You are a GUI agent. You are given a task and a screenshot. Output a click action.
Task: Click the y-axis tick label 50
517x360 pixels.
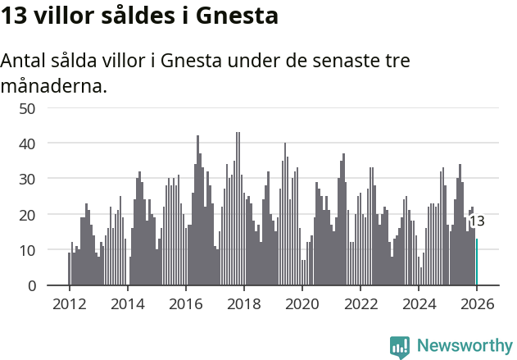pyautogui.click(x=27, y=108)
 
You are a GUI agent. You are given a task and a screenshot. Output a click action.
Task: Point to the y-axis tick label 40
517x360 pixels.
pyautogui.click(x=27, y=144)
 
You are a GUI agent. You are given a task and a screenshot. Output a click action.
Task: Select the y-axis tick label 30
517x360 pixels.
pyautogui.click(x=27, y=179)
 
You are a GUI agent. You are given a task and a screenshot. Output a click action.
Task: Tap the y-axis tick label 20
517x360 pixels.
pyautogui.click(x=27, y=215)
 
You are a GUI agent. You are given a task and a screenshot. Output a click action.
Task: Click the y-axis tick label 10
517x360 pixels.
pyautogui.click(x=27, y=250)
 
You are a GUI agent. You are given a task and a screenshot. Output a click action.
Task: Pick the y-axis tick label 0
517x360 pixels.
pyautogui.click(x=31, y=285)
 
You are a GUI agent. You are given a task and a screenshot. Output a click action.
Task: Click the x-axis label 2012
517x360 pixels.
pyautogui.click(x=69, y=303)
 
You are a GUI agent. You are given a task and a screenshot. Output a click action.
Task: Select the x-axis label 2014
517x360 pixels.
pyautogui.click(x=127, y=303)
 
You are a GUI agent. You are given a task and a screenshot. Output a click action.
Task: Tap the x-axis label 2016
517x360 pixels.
pyautogui.click(x=185, y=303)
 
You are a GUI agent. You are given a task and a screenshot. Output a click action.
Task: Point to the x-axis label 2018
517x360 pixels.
pyautogui.click(x=243, y=303)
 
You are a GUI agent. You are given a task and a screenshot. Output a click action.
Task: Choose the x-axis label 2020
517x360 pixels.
pyautogui.click(x=302, y=303)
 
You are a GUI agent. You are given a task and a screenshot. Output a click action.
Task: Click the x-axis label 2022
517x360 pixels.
pyautogui.click(x=361, y=303)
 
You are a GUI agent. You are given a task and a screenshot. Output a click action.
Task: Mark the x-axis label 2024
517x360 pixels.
pyautogui.click(x=419, y=303)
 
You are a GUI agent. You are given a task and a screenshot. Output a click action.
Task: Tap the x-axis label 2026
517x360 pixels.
pyautogui.click(x=477, y=303)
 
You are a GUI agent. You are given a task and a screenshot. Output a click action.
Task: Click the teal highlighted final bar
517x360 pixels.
pyautogui.click(x=477, y=262)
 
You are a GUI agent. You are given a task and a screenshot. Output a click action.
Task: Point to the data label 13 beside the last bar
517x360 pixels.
pyautogui.click(x=477, y=221)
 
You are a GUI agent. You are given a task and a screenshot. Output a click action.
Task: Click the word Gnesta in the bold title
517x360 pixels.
pyautogui.click(x=237, y=16)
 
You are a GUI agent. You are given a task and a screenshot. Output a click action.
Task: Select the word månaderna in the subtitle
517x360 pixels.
pyautogui.click(x=54, y=86)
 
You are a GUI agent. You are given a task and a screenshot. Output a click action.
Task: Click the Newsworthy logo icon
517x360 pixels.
pyautogui.click(x=400, y=346)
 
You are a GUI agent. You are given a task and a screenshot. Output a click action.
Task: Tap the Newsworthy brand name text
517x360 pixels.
pyautogui.click(x=465, y=346)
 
